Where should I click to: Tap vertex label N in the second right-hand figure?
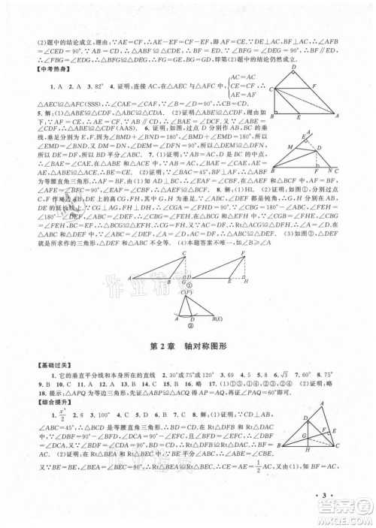(x=332, y=170)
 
